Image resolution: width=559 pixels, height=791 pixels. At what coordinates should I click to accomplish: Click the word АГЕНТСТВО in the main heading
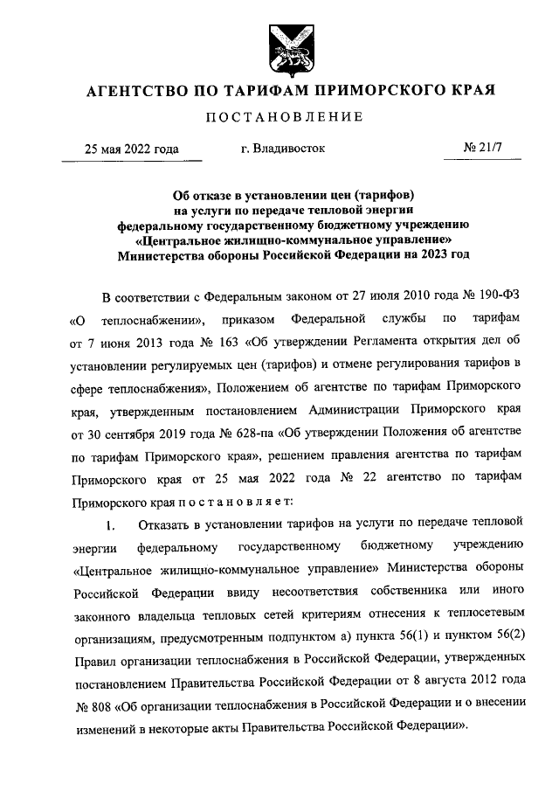pyautogui.click(x=133, y=90)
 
